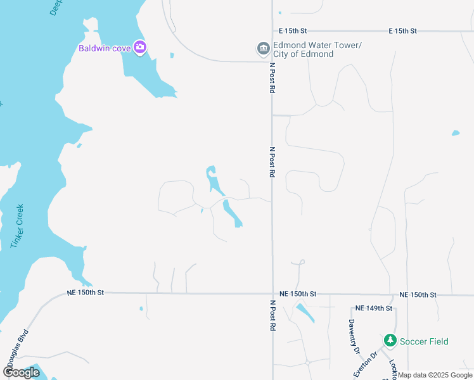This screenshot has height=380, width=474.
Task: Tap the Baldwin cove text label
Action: [x=105, y=48]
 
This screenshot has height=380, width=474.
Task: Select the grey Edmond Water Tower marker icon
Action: [x=263, y=49]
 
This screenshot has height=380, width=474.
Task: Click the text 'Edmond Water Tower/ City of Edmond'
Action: [x=316, y=49]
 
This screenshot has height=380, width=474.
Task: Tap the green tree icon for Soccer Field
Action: [x=390, y=341]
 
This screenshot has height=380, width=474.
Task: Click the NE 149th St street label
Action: [x=374, y=308]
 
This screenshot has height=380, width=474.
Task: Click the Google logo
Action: [x=21, y=372]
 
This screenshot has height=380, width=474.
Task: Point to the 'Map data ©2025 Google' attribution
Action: [x=435, y=375]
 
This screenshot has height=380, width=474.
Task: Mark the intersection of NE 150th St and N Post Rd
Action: [x=272, y=294]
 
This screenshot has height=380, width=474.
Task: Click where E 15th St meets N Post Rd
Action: [x=272, y=30]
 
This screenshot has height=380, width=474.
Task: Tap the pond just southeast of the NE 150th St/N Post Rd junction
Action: [x=305, y=313]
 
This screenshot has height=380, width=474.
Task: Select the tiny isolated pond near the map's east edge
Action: [x=455, y=134]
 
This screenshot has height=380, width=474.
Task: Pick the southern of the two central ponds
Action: [x=232, y=213]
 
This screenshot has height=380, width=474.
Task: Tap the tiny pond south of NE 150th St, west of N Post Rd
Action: [x=141, y=309]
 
